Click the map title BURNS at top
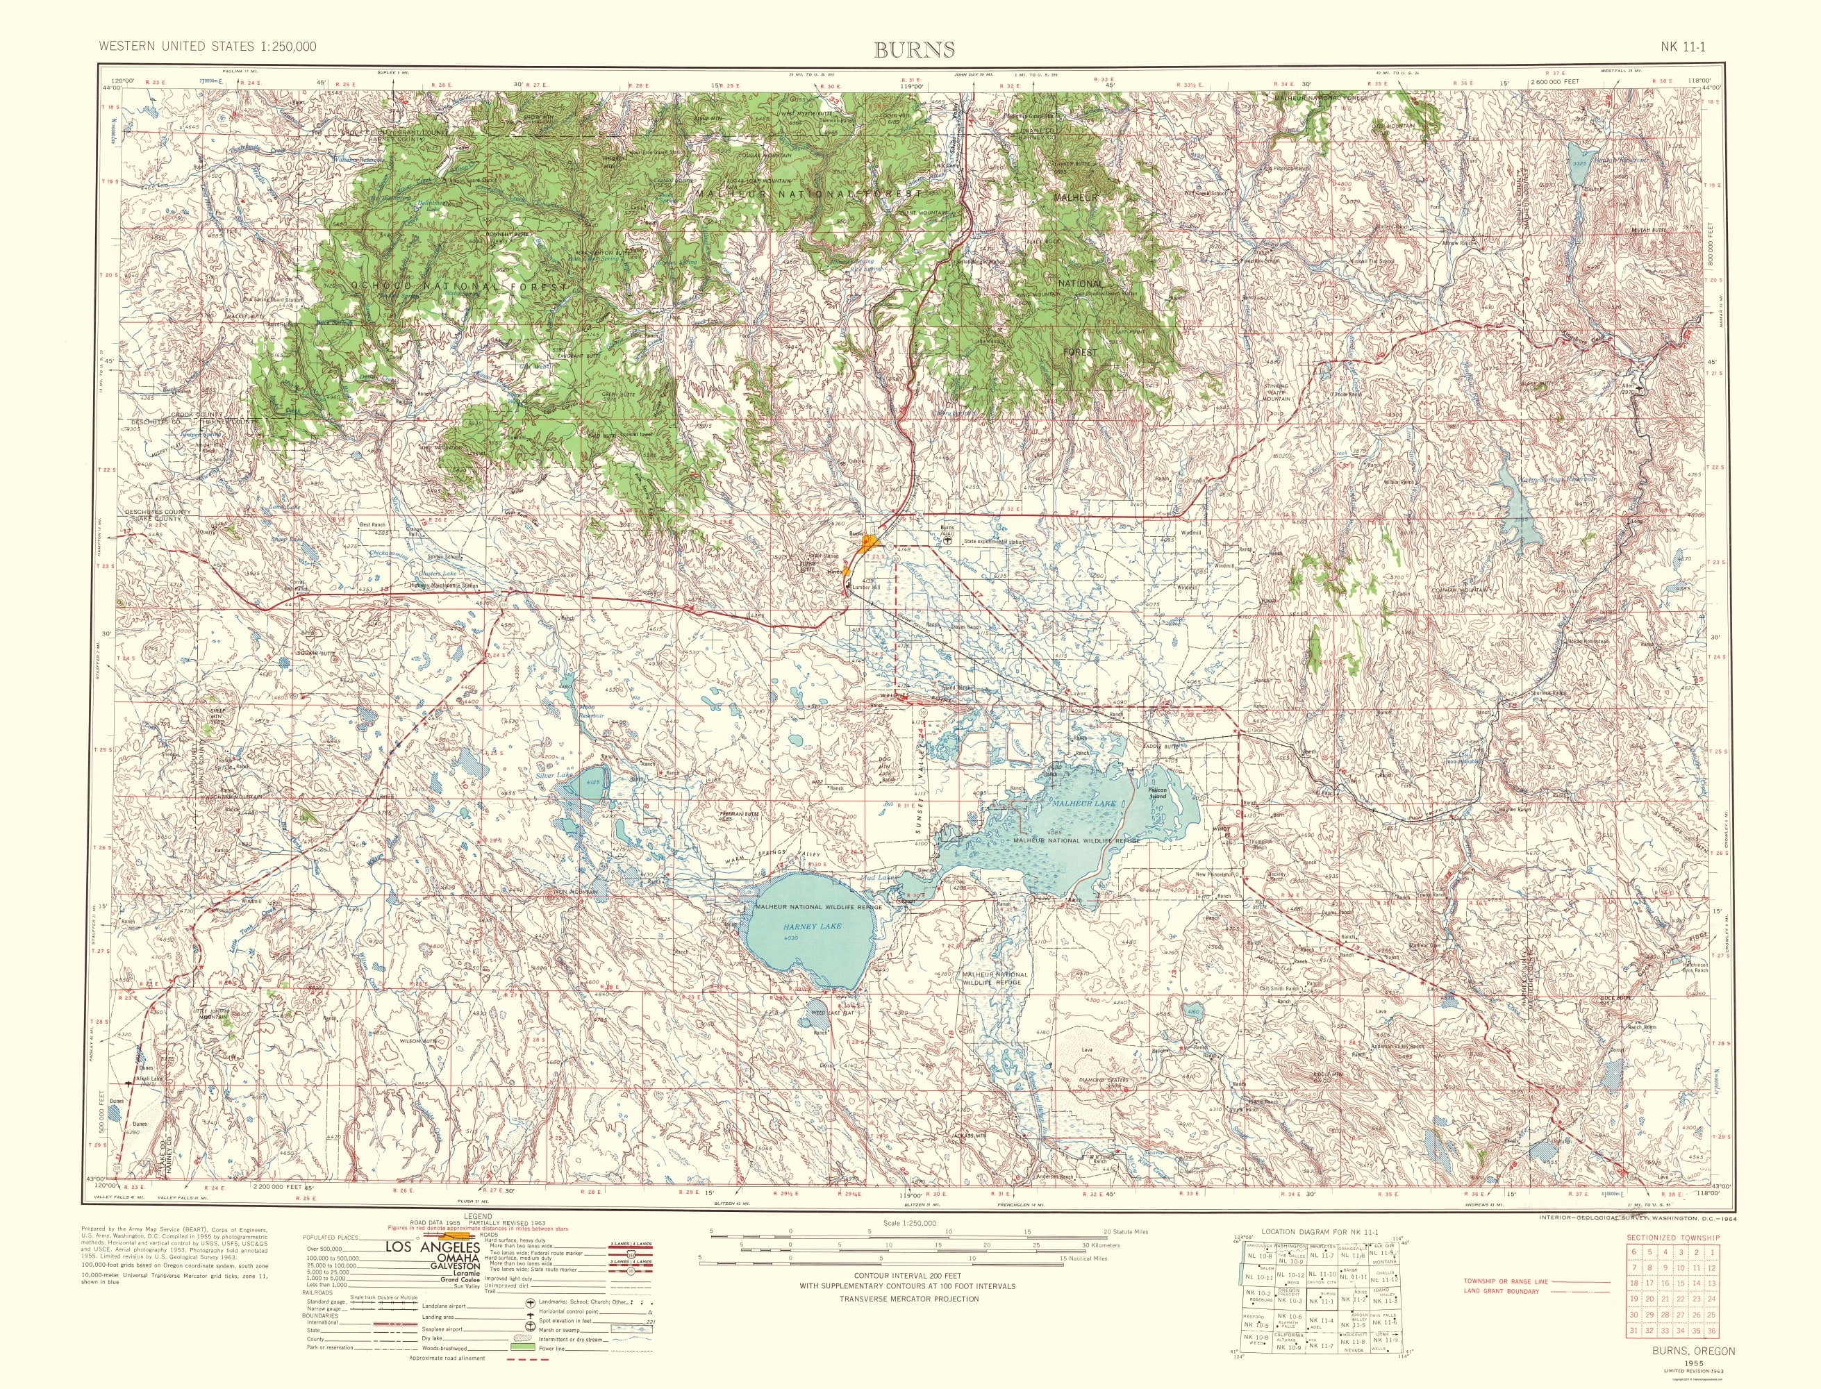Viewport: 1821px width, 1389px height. pos(914,49)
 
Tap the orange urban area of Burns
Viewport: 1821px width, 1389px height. pos(868,544)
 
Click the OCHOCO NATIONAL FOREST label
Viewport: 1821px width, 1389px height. pos(460,286)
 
